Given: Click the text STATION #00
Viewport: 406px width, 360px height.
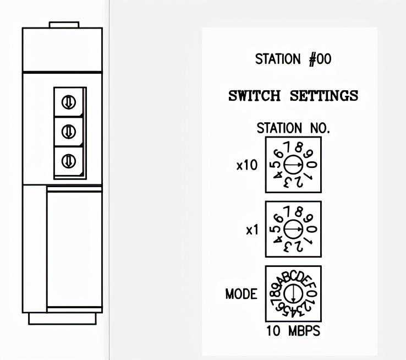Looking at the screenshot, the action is [x=293, y=59].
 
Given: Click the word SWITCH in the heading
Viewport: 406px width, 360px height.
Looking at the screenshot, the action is [x=254, y=96].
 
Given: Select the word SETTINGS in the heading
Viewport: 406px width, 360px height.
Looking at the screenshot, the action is [x=324, y=96].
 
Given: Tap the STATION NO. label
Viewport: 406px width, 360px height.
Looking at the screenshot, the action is [x=293, y=128].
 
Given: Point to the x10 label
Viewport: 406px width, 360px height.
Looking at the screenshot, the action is [x=247, y=165].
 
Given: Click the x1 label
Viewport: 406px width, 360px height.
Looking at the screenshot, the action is [x=252, y=230].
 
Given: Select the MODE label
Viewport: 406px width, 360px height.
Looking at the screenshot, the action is [x=242, y=294].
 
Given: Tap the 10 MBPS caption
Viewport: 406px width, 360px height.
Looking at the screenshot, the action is [x=293, y=331].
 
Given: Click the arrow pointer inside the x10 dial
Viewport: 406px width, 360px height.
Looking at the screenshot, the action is [x=293, y=165].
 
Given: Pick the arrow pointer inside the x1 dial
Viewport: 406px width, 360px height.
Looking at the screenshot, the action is [x=293, y=229].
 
